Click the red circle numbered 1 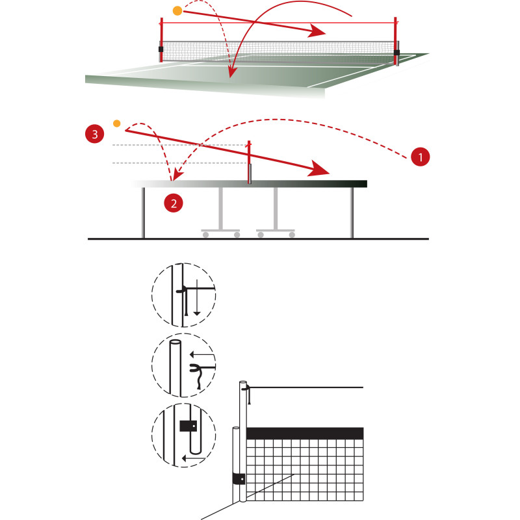420,157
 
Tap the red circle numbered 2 174,203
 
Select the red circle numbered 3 95,134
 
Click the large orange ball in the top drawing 177,10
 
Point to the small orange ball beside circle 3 117,123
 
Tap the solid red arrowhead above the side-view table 318,168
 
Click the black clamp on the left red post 161,49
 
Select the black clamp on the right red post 396,53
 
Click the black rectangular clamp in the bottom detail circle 188,426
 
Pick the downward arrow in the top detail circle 197,298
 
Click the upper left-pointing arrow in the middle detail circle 202,354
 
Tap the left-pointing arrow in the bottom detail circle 194,458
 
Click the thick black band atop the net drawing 305,433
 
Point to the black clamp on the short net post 239,479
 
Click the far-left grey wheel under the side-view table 205,235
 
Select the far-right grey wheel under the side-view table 292,235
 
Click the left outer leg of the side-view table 143,213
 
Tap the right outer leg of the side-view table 352,213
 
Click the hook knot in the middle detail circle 196,367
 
